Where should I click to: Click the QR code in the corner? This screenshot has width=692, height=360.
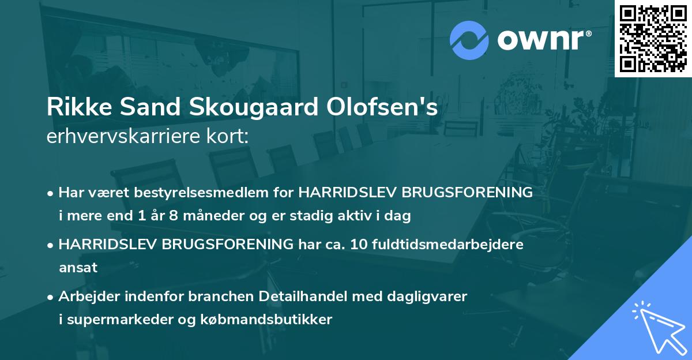(653, 39)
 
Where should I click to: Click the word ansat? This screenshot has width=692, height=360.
(78, 268)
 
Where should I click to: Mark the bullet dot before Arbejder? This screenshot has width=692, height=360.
(51, 297)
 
